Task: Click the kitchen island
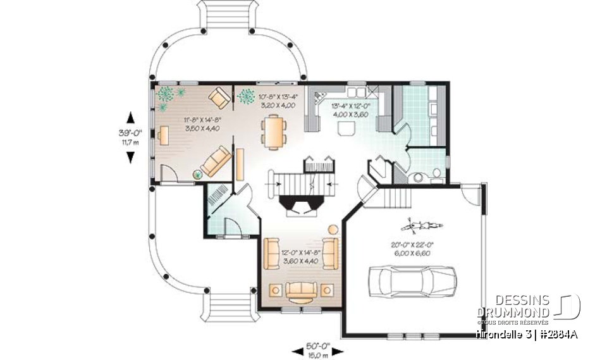(x=345, y=129)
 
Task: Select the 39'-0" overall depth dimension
(x=130, y=137)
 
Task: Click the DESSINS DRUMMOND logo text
(x=513, y=306)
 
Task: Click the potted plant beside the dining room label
(x=245, y=97)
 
